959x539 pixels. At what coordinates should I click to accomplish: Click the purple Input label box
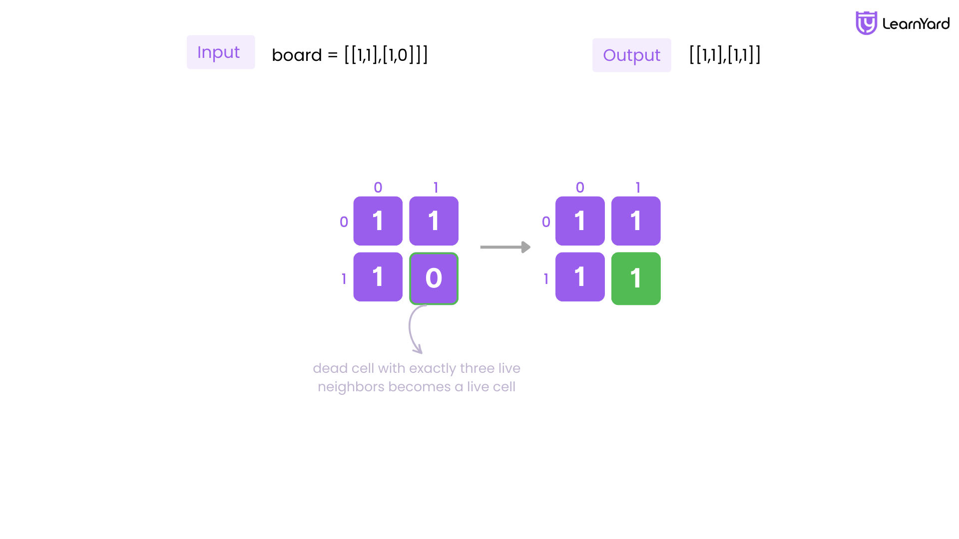point(221,52)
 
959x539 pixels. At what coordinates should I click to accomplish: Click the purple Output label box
point(632,55)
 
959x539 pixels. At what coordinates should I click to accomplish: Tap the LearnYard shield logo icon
point(866,23)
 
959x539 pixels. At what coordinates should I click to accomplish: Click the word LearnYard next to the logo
point(916,23)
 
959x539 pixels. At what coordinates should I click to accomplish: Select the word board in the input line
point(297,55)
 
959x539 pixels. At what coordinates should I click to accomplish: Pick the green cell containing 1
point(636,278)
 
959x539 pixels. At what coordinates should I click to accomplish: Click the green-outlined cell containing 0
point(434,278)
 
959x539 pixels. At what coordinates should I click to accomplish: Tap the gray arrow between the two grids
point(505,247)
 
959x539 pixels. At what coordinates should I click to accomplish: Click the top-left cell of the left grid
point(378,221)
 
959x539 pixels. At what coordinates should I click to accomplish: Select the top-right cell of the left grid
point(434,221)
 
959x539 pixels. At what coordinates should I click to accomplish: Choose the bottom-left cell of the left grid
point(378,276)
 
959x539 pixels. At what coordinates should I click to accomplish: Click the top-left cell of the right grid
point(580,221)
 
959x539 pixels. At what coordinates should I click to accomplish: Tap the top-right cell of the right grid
point(636,221)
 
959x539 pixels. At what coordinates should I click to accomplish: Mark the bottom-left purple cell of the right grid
point(580,276)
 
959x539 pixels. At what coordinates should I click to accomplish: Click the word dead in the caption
point(330,368)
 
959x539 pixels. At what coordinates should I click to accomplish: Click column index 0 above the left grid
point(378,188)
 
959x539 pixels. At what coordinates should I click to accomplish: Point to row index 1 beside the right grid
point(546,279)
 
